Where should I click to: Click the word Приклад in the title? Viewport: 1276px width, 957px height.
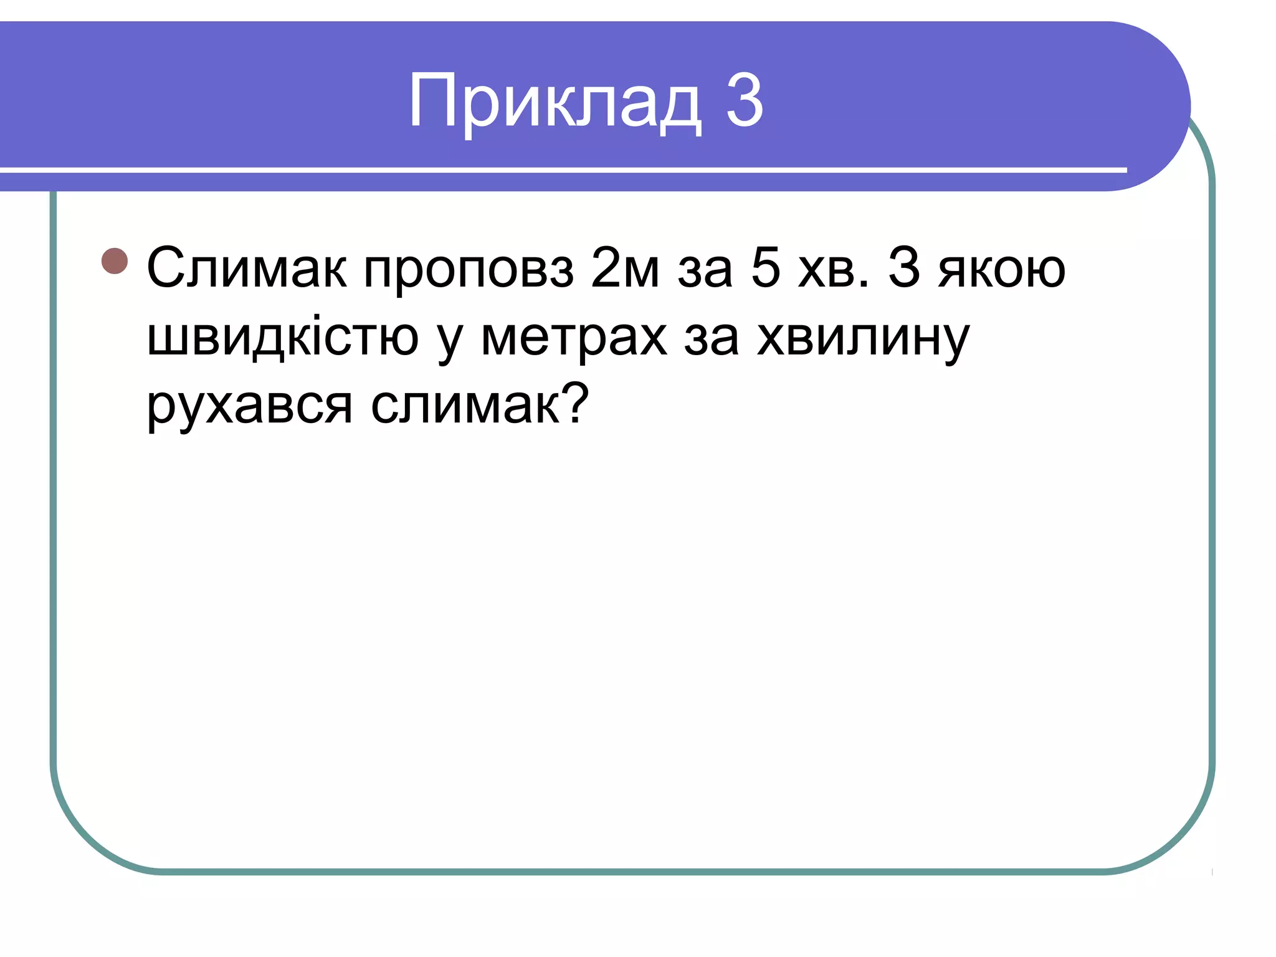tap(555, 102)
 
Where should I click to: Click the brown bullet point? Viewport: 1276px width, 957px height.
tap(115, 261)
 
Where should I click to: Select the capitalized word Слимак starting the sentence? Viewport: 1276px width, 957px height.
tap(246, 269)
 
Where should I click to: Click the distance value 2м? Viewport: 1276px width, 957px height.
tap(625, 269)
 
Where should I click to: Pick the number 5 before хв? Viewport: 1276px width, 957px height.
tap(766, 269)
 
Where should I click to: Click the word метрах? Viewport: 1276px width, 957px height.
tap(574, 338)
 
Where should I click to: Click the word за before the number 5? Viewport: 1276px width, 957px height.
tap(705, 270)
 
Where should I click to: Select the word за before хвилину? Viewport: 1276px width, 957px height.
tap(711, 338)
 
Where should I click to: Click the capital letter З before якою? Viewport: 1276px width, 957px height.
tap(904, 269)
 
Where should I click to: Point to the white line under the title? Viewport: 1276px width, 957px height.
tap(561, 169)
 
